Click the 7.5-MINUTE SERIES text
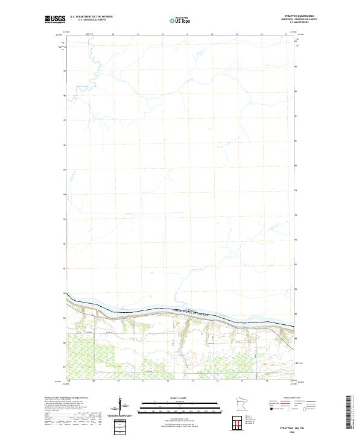[x=307, y=23]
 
